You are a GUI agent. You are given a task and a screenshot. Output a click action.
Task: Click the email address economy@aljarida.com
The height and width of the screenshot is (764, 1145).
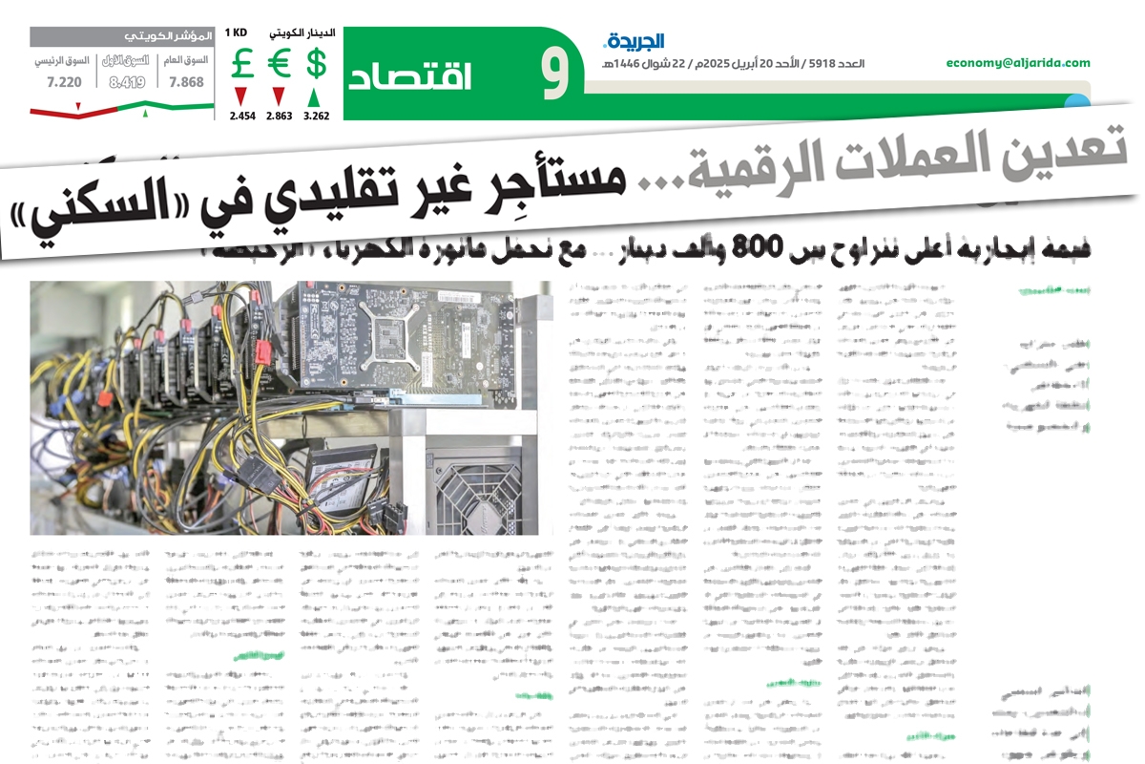pos(1018,63)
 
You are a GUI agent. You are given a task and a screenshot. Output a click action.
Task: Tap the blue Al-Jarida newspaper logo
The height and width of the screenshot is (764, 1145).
pos(634,41)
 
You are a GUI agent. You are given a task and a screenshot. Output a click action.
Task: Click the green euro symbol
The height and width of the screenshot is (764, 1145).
pos(279,64)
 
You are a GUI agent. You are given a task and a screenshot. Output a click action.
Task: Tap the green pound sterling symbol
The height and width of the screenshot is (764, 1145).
pos(241,64)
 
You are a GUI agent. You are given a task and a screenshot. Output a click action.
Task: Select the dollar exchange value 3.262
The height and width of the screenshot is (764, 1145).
pos(317,116)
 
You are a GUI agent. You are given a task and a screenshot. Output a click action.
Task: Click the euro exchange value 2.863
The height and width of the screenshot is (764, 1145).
pos(279,116)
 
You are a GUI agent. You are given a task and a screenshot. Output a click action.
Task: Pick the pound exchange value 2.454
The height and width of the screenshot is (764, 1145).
pos(242,116)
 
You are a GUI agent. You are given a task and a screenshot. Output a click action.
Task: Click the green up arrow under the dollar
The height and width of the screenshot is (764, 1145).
pos(316,96)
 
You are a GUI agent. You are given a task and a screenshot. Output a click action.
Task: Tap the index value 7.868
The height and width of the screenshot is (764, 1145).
pos(186,82)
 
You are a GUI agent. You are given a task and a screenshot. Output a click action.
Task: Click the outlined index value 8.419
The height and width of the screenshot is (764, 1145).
pos(127,82)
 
